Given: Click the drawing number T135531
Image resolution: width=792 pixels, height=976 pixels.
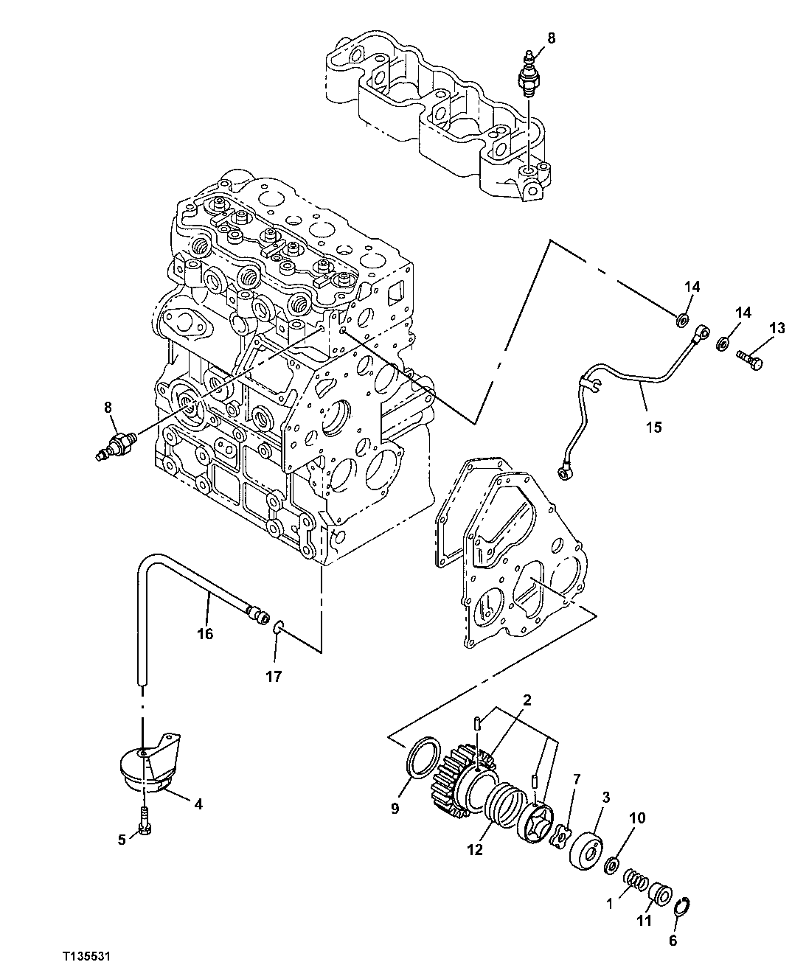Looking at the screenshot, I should [86, 956].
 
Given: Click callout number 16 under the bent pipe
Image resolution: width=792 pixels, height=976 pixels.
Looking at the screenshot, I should [204, 633].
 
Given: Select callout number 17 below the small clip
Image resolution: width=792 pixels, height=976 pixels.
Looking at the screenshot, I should [274, 676].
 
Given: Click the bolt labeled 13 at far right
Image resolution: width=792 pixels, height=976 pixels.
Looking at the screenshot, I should [751, 358].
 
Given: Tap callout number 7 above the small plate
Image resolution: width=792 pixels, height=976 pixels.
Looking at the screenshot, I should [577, 778].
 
